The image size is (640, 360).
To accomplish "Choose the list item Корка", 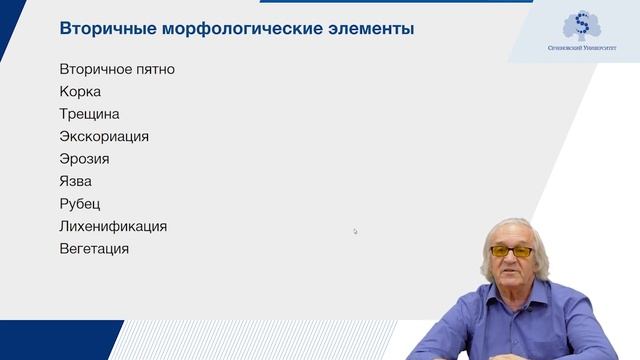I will pyautogui.click(x=80, y=92).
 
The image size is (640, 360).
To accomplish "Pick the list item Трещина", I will pyautogui.click(x=89, y=114).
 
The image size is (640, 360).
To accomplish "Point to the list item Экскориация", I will pyautogui.click(x=104, y=136).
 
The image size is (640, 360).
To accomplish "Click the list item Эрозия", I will pyautogui.click(x=84, y=159).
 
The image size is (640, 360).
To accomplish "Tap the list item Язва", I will pyautogui.click(x=76, y=181).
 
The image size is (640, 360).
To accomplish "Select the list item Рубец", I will pyautogui.click(x=80, y=204).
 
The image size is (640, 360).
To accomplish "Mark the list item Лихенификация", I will pyautogui.click(x=113, y=226).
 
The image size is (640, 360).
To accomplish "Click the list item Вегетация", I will pyautogui.click(x=94, y=248).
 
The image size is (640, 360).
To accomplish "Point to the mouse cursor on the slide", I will pyautogui.click(x=355, y=231).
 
